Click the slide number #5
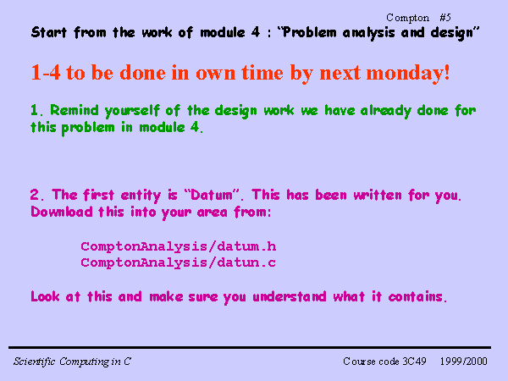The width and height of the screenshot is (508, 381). pos(445,18)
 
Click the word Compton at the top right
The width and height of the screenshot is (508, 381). pos(407,18)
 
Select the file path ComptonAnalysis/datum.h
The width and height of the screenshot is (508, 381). pos(179,247)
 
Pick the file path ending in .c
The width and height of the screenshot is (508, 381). pos(179,262)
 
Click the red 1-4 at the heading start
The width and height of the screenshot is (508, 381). pos(46,72)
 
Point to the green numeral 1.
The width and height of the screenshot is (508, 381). pos(36,110)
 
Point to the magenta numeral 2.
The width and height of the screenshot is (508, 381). pos(36,195)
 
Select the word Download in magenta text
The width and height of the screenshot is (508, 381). pos(62,212)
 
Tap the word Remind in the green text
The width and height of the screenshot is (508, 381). pos(75,110)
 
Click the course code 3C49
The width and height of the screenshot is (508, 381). pos(414,362)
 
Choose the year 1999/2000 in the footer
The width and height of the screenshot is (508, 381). pos(464,362)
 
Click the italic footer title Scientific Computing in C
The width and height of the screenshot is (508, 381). pos(72,362)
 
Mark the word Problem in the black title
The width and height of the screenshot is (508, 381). pos(305,33)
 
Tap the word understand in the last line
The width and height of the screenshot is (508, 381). pos(290,296)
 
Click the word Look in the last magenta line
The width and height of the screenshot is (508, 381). pos(45,296)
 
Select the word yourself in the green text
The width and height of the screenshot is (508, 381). pos(132,111)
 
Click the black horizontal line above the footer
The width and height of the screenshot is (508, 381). pos(250,348)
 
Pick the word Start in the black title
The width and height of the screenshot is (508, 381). pos(49,32)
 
